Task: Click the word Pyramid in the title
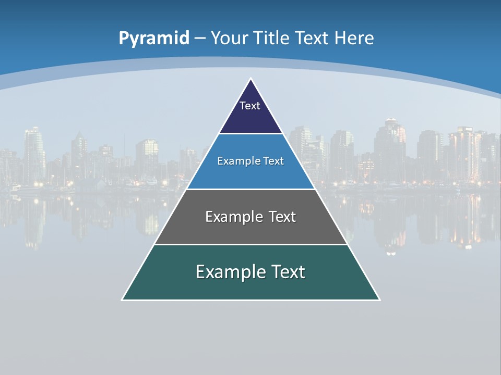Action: [x=153, y=39]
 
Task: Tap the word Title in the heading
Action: [x=272, y=39]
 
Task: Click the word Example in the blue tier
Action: [x=235, y=161]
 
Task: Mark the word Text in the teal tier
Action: [x=287, y=272]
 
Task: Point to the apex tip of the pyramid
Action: [x=251, y=79]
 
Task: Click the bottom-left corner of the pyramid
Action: [x=123, y=299]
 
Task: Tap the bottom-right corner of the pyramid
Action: [x=379, y=299]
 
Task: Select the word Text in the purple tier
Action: [x=250, y=106]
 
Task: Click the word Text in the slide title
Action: [x=312, y=39]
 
